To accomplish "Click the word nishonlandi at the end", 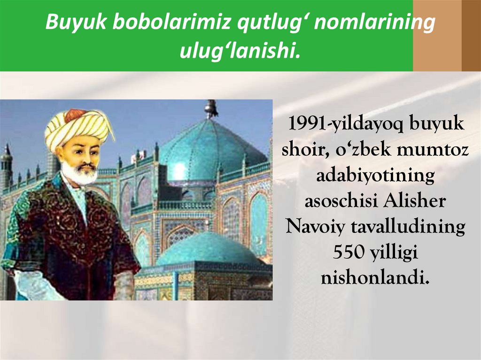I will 374,278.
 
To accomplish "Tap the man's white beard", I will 80,175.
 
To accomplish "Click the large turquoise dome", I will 211,148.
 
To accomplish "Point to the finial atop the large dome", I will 211,109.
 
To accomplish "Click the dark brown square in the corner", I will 471,36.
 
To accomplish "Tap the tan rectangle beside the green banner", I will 437,36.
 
